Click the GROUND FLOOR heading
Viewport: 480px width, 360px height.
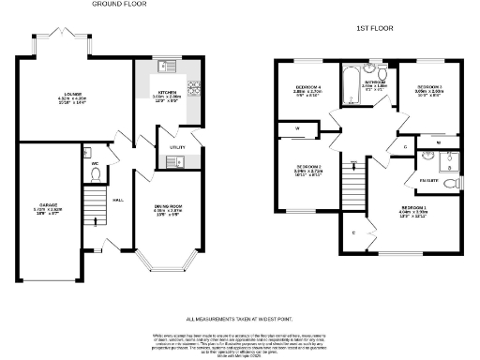point(119,5)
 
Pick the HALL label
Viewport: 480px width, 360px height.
point(118,200)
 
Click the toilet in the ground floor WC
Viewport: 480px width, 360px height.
point(85,153)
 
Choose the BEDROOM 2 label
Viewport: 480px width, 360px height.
point(307,169)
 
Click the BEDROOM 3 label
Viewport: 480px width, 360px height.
point(430,86)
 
